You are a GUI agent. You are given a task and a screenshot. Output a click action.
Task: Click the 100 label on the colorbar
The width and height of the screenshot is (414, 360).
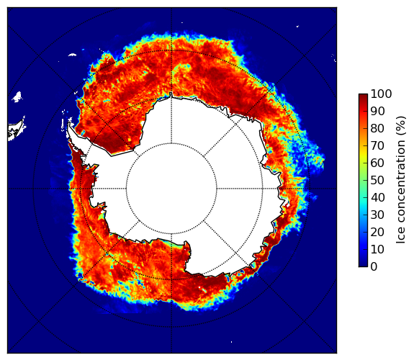point(381,94)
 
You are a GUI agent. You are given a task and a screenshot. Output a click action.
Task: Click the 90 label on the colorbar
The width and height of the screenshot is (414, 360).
point(377,111)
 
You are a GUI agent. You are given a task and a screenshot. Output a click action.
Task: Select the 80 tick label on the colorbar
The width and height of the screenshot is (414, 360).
point(377,128)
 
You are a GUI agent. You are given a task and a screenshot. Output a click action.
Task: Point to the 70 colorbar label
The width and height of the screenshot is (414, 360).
point(377,145)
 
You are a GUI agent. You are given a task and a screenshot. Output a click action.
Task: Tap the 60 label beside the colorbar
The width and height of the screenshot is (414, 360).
point(377,163)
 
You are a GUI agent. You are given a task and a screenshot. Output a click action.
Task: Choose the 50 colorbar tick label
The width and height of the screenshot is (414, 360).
point(377,181)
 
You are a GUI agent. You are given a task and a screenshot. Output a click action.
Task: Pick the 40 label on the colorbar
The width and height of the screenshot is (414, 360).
point(377,197)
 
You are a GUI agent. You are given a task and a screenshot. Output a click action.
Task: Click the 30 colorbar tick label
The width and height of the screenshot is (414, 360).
point(377,215)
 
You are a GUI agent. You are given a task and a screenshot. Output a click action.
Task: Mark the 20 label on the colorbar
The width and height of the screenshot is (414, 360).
point(377,232)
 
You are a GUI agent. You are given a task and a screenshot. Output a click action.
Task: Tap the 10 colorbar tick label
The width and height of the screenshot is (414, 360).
point(377,249)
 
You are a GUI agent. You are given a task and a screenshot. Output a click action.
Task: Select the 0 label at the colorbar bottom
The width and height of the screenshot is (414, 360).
point(374,267)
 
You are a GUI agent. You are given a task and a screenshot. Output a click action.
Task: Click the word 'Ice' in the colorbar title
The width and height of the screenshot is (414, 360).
point(401,237)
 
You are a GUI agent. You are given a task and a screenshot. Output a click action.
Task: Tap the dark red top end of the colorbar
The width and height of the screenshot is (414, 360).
point(363,95)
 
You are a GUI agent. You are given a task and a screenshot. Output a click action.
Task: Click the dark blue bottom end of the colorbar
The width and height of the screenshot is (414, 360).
point(363,265)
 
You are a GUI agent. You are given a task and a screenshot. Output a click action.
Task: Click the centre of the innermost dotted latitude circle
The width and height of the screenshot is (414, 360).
point(171,189)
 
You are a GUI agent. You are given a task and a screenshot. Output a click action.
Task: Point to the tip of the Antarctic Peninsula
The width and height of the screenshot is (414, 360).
point(69,122)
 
